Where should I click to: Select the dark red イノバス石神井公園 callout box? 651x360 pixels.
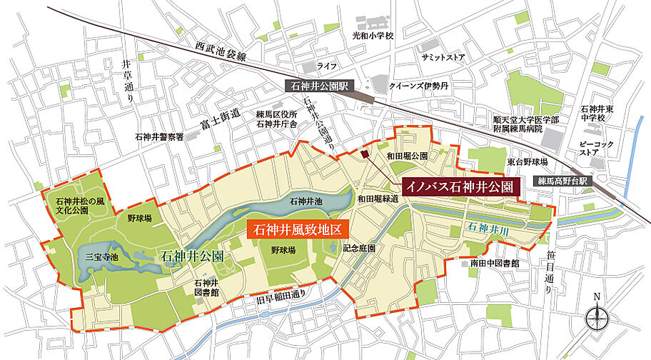click(x=460, y=187)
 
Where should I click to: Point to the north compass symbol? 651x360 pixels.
click(x=597, y=315)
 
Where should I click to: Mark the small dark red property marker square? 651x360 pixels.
click(x=365, y=154)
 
